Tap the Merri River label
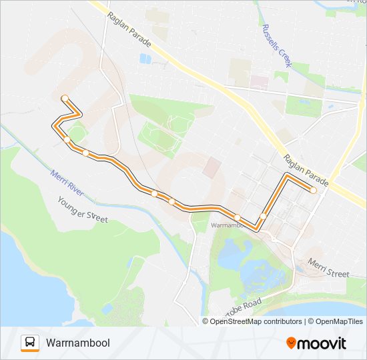pyautogui.click(x=66, y=182)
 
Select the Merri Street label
pyautogui.click(x=328, y=269)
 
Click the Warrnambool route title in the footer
pyautogui.click(x=78, y=343)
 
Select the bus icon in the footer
pyautogui.click(x=30, y=343)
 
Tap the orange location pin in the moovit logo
pyautogui.click(x=291, y=343)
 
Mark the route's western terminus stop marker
pyautogui.click(x=65, y=99)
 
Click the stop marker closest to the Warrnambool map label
pyautogui.click(x=237, y=217)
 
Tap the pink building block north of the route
pyautogui.click(x=212, y=167)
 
